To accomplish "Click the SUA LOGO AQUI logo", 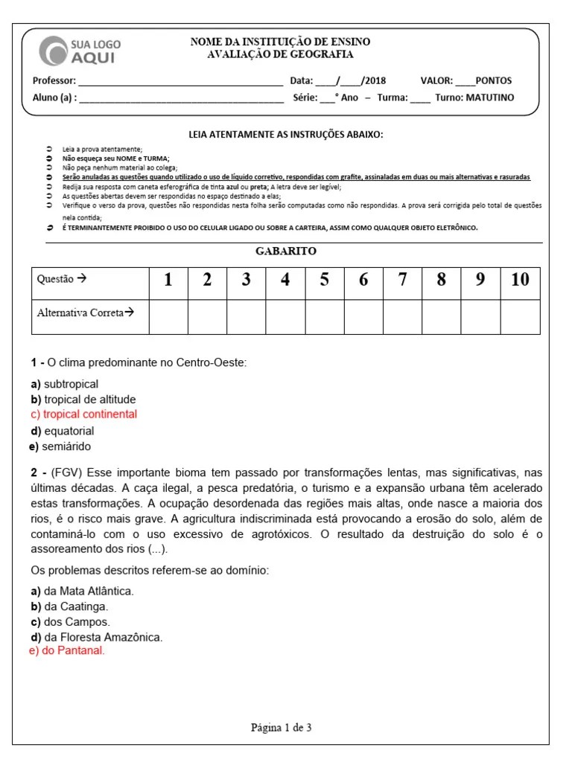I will click(x=80, y=51).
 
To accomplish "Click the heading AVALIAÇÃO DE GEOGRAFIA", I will click(x=280, y=54).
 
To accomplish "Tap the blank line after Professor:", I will click(x=180, y=81).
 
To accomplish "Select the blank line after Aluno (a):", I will click(x=180, y=98).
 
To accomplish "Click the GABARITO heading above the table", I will click(x=286, y=252).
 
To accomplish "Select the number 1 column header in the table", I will click(x=168, y=280).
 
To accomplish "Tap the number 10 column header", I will click(x=520, y=280).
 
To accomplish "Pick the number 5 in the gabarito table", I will click(x=324, y=280).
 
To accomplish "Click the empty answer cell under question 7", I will click(x=402, y=317).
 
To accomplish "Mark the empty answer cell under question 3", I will click(x=246, y=317).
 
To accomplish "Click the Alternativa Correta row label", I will click(x=85, y=313).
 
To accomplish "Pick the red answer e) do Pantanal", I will click(x=66, y=650).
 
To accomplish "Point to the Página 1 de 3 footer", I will click(x=281, y=728).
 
